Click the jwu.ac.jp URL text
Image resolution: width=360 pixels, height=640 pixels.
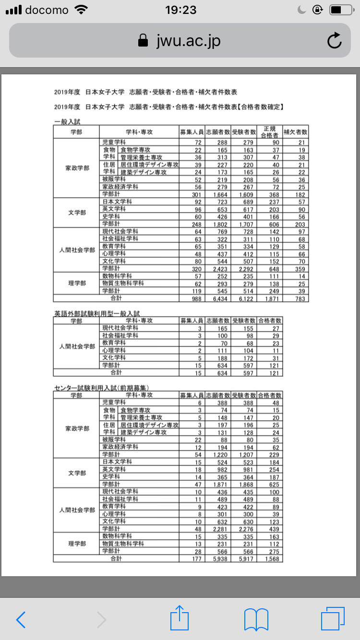(x=188, y=41)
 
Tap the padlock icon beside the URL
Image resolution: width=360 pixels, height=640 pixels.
(x=143, y=41)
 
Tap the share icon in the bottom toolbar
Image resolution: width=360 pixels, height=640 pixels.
(x=180, y=619)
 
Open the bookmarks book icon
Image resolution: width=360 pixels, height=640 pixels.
(x=256, y=619)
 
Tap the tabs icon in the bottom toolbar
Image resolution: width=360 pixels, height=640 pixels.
(x=332, y=619)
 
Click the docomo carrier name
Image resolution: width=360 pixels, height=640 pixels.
(x=47, y=10)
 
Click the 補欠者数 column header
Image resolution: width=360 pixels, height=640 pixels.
(x=295, y=131)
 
